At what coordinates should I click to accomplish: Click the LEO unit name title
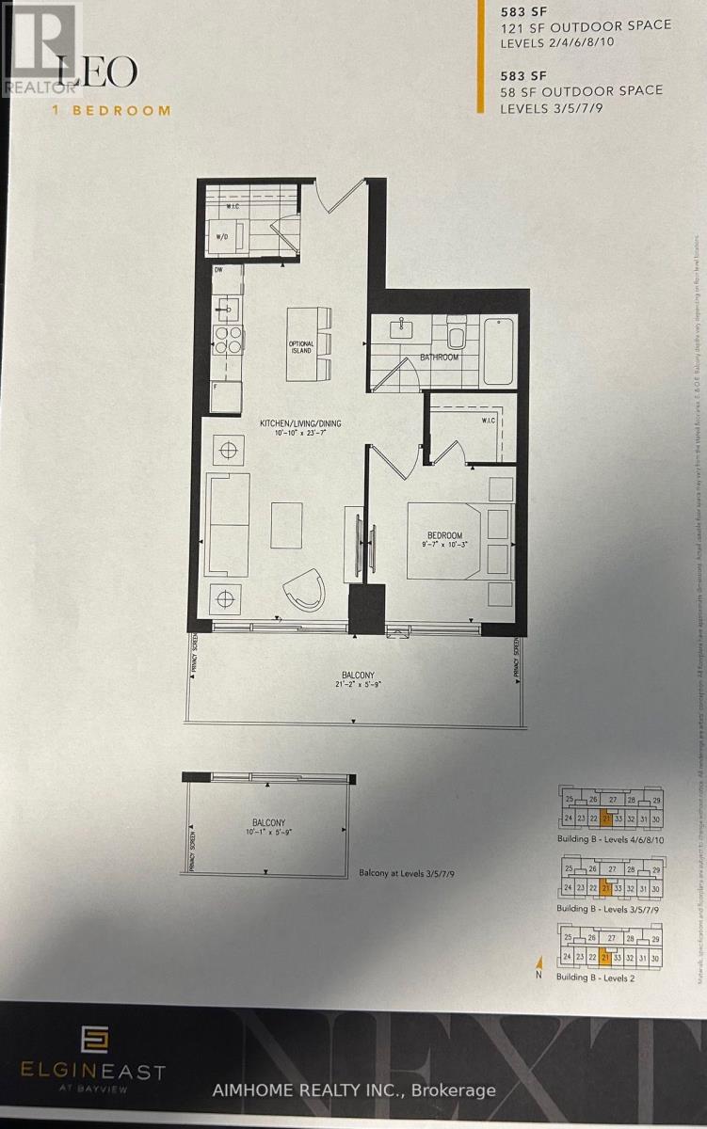[x=97, y=72]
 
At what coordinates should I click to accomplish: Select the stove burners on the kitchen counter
[x=228, y=340]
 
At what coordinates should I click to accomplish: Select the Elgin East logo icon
[x=94, y=1039]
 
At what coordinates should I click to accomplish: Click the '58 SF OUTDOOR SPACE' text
[x=582, y=90]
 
